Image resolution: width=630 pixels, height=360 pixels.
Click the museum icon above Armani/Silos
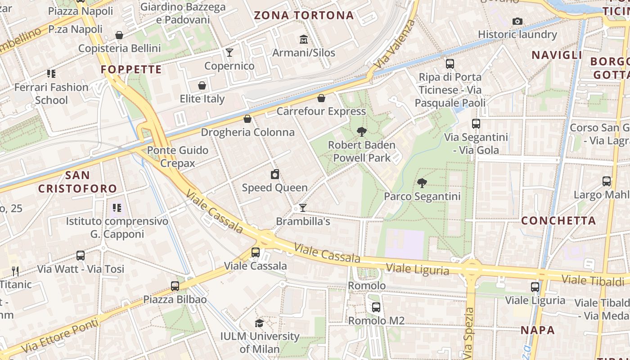[x=304, y=40]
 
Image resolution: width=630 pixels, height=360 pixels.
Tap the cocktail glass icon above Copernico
[x=229, y=53]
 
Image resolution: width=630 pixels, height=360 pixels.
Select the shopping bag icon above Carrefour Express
[x=321, y=98]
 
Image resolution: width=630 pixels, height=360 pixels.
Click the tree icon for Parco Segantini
[x=422, y=183]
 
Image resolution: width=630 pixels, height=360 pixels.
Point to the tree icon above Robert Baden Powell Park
[x=361, y=132]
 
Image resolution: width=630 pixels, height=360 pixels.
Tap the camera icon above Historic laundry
[x=517, y=21]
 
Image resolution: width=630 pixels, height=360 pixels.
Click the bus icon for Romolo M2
[x=376, y=307]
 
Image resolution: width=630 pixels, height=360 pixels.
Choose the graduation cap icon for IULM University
[x=259, y=323]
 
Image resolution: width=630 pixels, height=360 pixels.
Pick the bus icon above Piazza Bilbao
[x=175, y=286]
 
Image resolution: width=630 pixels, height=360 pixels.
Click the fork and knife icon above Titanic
[x=16, y=271]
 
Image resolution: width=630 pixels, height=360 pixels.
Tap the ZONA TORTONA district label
[x=304, y=15]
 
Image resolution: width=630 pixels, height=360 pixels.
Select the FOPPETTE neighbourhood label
[x=131, y=69]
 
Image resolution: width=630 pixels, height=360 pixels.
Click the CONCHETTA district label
[x=558, y=220]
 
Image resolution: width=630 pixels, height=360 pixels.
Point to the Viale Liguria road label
[x=418, y=270]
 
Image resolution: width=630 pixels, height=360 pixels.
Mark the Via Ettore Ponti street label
[x=59, y=336]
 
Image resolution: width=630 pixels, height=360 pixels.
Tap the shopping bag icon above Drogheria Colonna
[x=247, y=119]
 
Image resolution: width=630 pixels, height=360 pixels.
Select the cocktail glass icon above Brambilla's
[x=303, y=208]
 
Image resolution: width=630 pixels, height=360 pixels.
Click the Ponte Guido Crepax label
[x=178, y=157]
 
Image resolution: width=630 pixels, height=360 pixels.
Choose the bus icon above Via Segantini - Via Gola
[x=476, y=124]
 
